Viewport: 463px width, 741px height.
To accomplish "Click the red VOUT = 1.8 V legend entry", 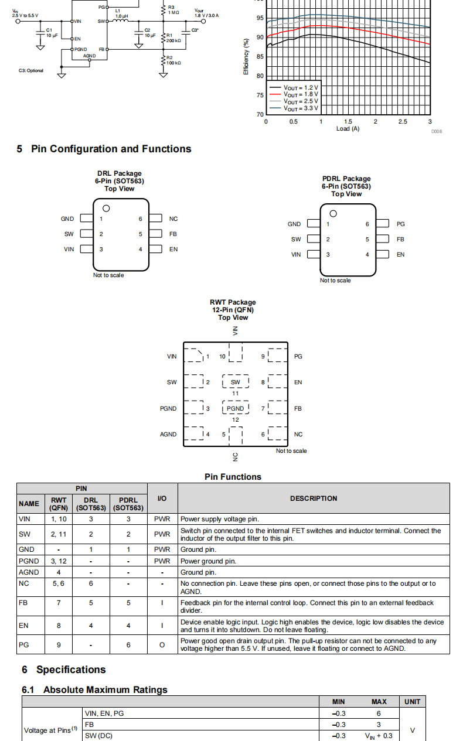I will [x=294, y=94].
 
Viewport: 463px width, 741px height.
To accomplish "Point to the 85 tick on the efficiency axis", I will [x=260, y=57].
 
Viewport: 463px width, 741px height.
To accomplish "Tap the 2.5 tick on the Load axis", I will [x=402, y=121].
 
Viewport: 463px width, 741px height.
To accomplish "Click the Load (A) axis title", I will [x=348, y=128].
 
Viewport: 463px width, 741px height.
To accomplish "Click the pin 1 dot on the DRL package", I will [x=106, y=209].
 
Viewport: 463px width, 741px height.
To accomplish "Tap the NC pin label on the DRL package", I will [x=173, y=218].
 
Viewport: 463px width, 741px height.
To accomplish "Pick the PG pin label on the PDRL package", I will [x=400, y=224].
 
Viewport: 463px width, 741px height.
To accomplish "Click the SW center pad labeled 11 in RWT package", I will [x=236, y=382].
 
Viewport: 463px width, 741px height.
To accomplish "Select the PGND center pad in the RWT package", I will [x=236, y=408].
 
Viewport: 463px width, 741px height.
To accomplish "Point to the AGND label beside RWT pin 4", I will [x=168, y=434].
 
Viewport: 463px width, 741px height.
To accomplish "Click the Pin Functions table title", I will [x=233, y=477].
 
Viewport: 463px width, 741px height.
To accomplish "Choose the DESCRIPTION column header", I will [x=314, y=498].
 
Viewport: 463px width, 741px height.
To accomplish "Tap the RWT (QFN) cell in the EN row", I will [x=59, y=626].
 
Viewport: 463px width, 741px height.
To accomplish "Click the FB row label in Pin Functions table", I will [x=23, y=602].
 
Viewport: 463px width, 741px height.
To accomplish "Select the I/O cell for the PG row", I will [x=162, y=644].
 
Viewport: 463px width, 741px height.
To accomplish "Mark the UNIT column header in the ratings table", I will [x=412, y=701].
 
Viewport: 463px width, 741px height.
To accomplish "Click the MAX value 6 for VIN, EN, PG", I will [x=379, y=713].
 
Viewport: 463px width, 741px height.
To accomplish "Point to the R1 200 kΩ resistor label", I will [x=173, y=38].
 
